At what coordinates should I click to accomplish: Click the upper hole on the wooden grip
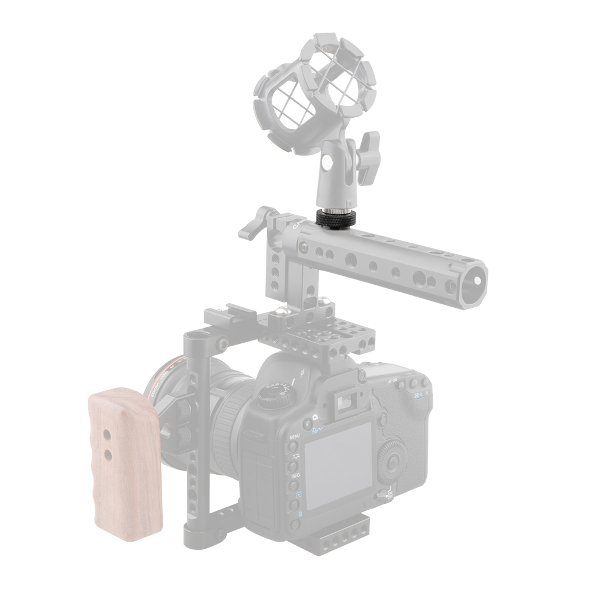pos(107,434)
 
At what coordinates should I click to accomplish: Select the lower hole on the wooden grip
pos(108,454)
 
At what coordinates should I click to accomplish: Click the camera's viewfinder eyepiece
pos(344,403)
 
